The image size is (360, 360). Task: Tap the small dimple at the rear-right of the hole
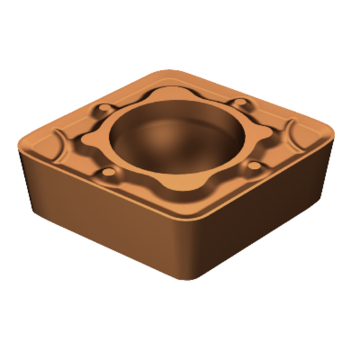click(242, 103)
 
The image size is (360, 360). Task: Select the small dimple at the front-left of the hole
click(108, 174)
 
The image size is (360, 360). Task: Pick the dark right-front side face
click(268, 209)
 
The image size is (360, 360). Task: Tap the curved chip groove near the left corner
click(56, 141)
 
